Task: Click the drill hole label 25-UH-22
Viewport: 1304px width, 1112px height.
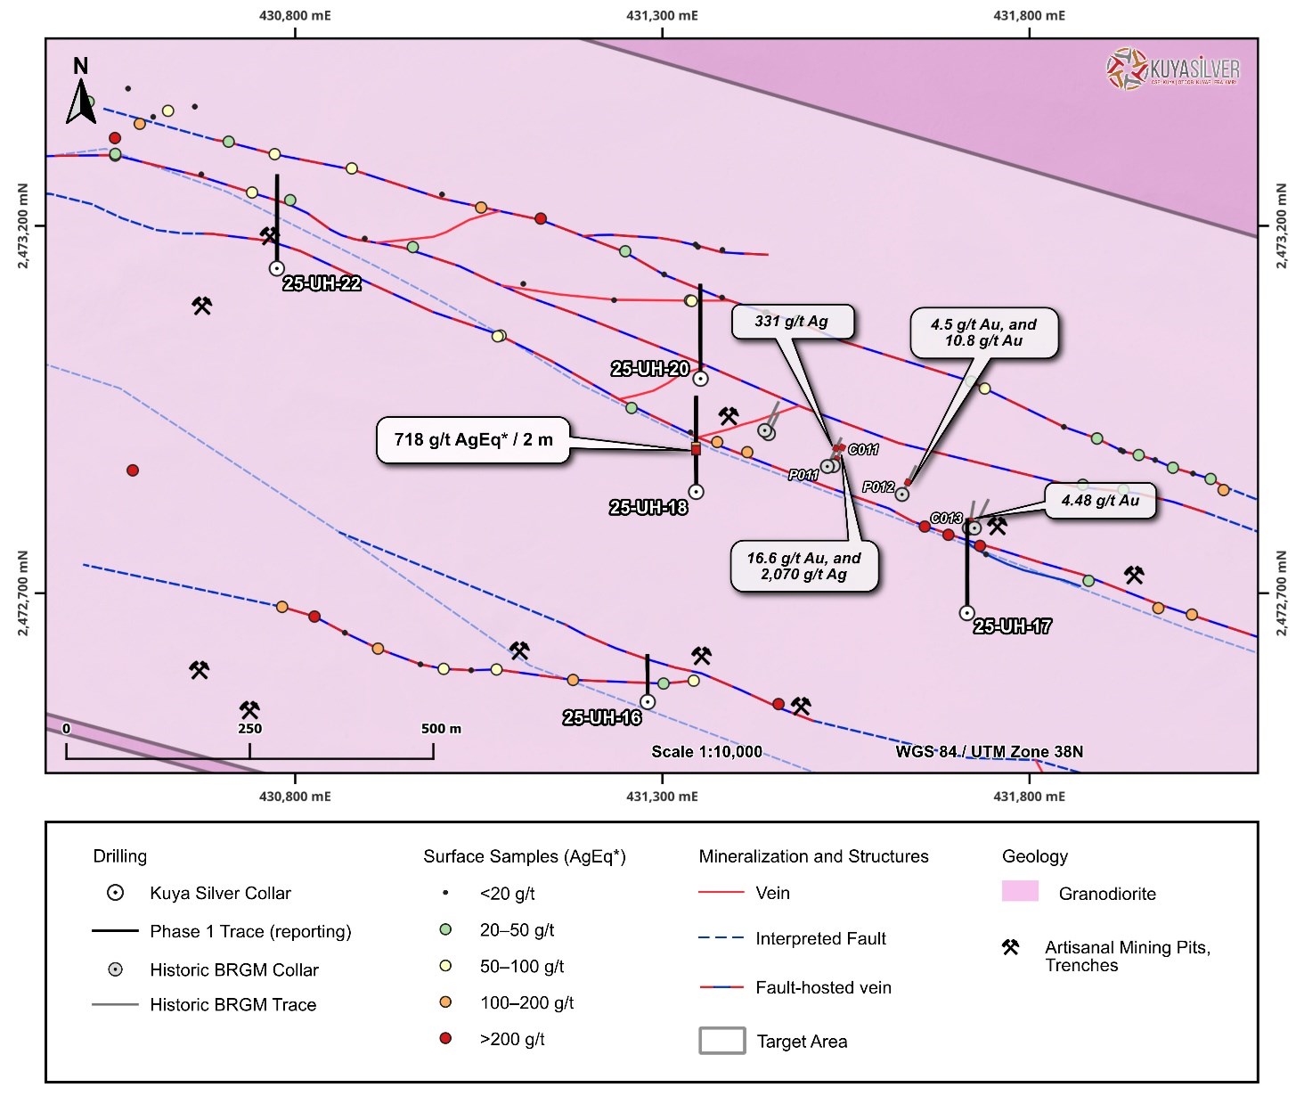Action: pos(322,283)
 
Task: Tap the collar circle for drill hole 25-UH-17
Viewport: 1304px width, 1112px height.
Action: pos(966,613)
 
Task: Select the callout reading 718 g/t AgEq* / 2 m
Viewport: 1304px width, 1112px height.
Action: pos(473,440)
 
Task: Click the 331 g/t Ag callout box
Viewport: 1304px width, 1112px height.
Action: pos(792,322)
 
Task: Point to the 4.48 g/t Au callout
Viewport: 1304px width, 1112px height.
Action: pos(1100,501)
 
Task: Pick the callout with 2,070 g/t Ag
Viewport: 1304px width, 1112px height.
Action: pos(803,567)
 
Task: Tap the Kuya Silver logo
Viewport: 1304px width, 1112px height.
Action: pos(1172,69)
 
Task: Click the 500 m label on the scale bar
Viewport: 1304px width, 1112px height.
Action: pos(441,729)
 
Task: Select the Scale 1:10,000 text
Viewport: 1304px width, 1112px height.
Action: pos(706,752)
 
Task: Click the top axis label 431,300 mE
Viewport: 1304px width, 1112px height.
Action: pos(662,15)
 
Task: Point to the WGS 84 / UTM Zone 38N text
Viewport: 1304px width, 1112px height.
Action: pos(989,752)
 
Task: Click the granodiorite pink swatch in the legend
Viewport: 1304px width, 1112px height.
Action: pos(1020,891)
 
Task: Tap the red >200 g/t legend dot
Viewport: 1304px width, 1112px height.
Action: pos(445,1038)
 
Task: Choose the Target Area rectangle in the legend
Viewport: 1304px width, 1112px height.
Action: pos(721,1041)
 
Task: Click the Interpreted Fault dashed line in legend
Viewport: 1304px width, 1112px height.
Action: pos(721,938)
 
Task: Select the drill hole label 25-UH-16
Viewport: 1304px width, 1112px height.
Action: pos(601,718)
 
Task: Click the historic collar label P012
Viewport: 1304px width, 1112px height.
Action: pos(878,487)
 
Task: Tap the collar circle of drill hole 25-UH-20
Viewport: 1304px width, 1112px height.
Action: pos(700,379)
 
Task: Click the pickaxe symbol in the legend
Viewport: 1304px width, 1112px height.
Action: pos(1010,947)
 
